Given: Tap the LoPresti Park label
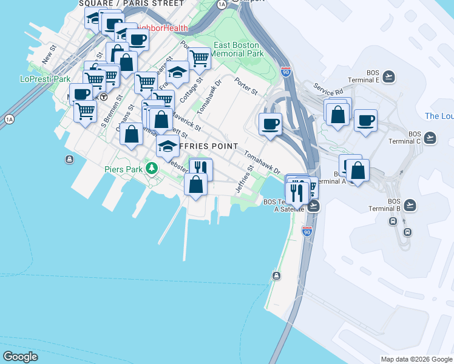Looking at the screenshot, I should tap(46, 79).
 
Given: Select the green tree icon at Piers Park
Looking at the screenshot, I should tap(152, 169).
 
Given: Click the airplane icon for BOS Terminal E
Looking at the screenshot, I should tap(388, 76).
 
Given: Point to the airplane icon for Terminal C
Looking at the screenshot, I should tap(430, 138).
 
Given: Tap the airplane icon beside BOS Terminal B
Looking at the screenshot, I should tap(411, 204).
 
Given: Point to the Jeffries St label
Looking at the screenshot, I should tap(248, 176).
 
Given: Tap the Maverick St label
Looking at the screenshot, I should tap(186, 119).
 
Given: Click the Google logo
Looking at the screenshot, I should tap(20, 357).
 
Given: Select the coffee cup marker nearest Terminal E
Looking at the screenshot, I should tap(365, 120).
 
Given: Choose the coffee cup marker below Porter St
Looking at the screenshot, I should tap(270, 124).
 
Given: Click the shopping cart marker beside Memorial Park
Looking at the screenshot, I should tap(199, 59).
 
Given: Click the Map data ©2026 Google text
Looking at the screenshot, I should tap(416, 359).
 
